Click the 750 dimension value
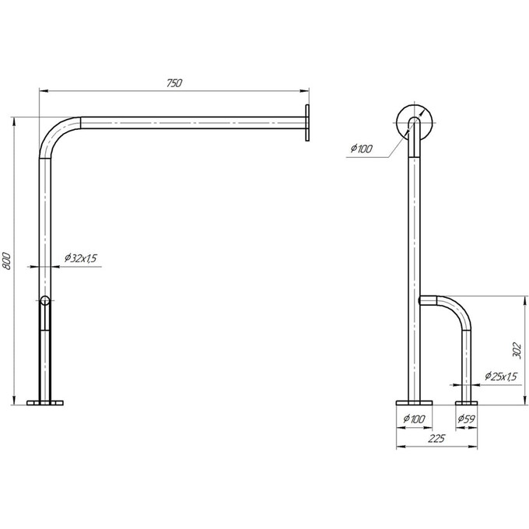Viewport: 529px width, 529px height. click(x=174, y=83)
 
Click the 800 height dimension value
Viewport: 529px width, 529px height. click(x=7, y=261)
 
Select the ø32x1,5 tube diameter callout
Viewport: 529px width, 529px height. click(x=81, y=258)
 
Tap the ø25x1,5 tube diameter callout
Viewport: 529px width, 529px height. click(x=501, y=377)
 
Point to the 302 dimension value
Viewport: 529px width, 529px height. click(x=517, y=351)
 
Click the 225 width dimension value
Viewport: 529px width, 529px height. click(x=436, y=439)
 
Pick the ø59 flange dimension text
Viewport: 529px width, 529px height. click(x=466, y=419)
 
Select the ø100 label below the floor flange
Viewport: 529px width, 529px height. click(x=415, y=419)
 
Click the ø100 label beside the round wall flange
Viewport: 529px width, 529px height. click(x=361, y=149)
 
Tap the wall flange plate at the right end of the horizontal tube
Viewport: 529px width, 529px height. click(x=307, y=123)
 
